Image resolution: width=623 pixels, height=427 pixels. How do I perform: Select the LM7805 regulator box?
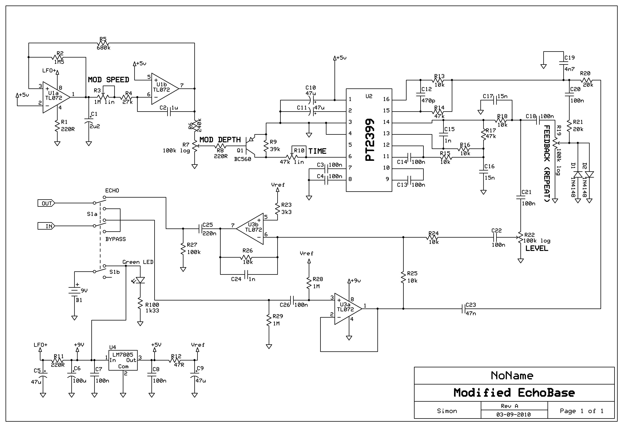pos(123,360)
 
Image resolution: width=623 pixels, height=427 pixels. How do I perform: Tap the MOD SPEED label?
pos(109,80)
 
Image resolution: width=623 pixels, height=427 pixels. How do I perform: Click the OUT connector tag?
pos(46,203)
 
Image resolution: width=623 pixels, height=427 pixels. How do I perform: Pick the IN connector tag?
pos(46,226)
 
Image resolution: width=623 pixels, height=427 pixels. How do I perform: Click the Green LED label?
pos(138,262)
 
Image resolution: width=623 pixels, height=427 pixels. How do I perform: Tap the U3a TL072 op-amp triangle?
pos(348,309)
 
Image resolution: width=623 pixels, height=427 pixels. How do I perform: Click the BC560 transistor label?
pos(243,159)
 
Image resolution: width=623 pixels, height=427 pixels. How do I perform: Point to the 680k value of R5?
pos(104,48)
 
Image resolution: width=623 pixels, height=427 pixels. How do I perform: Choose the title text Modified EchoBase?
pos(514,393)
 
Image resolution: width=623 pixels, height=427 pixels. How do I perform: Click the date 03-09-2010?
pos(514,415)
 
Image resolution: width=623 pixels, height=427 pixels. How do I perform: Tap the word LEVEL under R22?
pos(537,248)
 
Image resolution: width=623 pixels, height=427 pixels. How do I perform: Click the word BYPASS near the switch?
pos(116,239)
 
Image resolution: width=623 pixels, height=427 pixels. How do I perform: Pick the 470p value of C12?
pos(428,100)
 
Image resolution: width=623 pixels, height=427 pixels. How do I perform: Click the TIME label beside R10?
pos(317,151)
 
